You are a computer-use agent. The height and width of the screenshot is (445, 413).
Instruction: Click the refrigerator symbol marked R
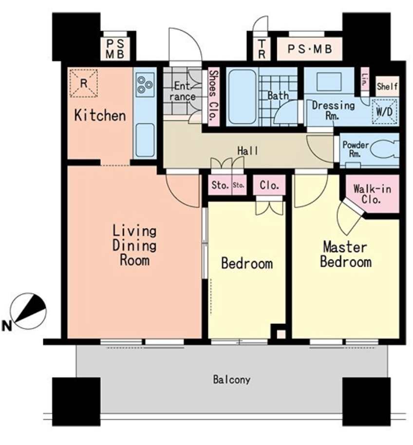(83, 83)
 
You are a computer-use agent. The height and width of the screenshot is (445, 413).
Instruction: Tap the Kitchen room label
(100, 115)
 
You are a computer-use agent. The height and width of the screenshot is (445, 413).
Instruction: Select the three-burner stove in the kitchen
(145, 84)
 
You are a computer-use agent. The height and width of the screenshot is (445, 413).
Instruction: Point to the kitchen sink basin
(145, 141)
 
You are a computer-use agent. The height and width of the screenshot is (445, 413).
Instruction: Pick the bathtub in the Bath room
(243, 97)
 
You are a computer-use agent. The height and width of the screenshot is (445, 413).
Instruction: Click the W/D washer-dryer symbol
(384, 111)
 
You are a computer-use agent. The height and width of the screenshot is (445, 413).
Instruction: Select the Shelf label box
(387, 86)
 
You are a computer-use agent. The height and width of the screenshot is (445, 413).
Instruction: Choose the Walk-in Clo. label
(372, 194)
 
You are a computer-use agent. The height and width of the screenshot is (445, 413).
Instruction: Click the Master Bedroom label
(345, 254)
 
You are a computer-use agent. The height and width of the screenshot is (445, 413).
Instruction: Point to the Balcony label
(232, 379)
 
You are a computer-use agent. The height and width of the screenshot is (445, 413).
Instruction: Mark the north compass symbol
(28, 311)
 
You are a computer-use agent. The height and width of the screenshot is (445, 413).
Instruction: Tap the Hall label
(248, 151)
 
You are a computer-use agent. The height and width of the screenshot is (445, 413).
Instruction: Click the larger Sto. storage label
(220, 185)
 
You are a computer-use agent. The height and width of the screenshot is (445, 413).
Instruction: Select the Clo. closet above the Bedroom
(269, 185)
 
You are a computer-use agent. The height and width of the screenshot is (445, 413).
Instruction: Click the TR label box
(262, 49)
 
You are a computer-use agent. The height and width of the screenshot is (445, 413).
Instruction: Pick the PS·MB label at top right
(309, 49)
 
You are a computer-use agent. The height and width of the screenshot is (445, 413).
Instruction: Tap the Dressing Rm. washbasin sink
(329, 82)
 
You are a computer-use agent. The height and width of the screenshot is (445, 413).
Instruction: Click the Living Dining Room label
(134, 245)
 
